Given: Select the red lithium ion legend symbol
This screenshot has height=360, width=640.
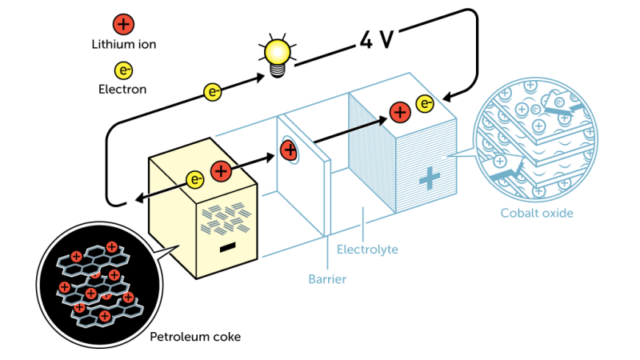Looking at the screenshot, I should click(123, 23).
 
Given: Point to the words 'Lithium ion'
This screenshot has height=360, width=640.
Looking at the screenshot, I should click(123, 44).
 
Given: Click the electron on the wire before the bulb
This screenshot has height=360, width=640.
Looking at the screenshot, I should click(213, 92).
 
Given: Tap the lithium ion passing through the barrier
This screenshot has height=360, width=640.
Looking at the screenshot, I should click(290, 149).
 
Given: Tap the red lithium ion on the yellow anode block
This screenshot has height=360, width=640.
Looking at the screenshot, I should click(221, 170).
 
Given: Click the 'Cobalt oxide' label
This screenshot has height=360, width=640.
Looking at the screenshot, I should click(537, 213).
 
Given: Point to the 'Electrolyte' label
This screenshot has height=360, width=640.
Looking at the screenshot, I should click(366, 250).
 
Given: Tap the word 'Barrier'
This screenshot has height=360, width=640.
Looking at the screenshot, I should click(327, 279).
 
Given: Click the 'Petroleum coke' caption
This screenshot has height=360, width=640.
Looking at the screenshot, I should click(195, 337).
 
